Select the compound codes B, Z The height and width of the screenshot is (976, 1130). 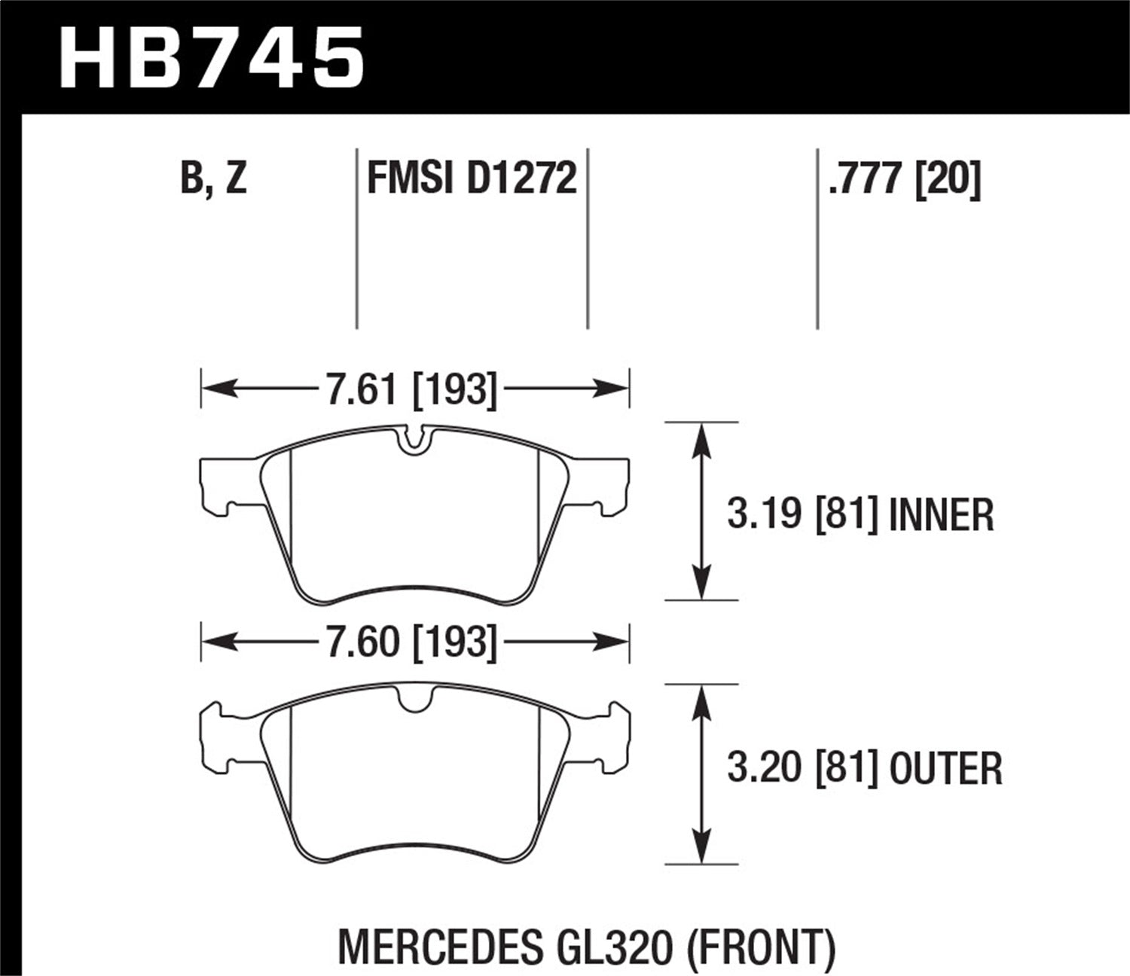click(213, 179)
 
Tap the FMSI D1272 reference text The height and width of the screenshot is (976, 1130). click(472, 179)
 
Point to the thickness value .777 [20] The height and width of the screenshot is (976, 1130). click(904, 179)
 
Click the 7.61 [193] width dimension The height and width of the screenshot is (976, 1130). click(411, 390)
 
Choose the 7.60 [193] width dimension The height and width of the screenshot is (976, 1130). click(411, 642)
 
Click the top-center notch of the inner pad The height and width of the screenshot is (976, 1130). click(411, 441)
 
